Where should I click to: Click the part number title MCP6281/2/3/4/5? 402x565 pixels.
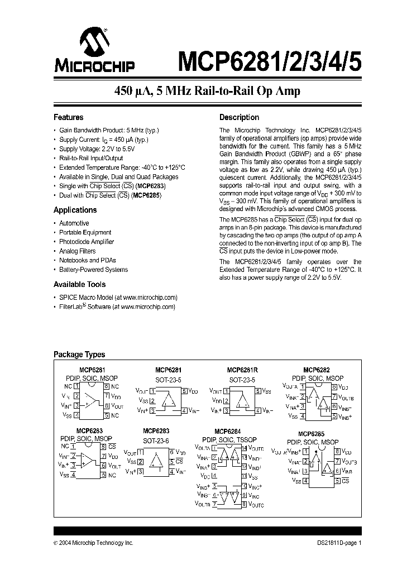(x=270, y=60)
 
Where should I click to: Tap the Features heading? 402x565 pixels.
(x=68, y=118)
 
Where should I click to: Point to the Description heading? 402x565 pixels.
(x=239, y=118)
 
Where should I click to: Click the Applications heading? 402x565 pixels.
(x=75, y=210)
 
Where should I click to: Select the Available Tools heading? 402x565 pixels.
(x=79, y=285)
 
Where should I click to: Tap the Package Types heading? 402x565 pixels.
(x=79, y=355)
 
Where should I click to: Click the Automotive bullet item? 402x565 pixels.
(x=74, y=223)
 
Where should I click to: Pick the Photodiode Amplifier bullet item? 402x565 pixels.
(x=87, y=242)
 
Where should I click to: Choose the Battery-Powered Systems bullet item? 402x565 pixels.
(x=93, y=270)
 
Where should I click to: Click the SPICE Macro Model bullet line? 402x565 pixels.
(x=118, y=298)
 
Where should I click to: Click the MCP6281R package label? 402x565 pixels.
(x=242, y=370)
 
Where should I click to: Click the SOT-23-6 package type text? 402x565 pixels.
(x=156, y=440)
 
